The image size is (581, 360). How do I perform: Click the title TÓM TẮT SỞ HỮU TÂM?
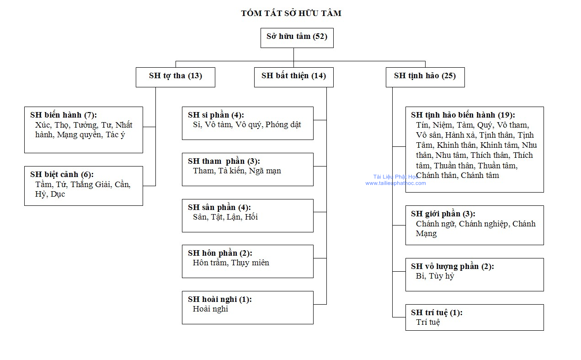[291, 13]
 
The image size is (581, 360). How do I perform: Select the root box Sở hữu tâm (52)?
[297, 38]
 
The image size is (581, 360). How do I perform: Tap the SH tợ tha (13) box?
[176, 77]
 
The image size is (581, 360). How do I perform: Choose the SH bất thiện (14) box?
[293, 77]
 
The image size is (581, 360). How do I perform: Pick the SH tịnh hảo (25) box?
[425, 77]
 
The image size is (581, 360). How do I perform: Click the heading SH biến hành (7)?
[63, 115]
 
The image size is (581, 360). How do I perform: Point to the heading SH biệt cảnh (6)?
[62, 174]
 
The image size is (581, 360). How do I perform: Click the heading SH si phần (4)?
[216, 115]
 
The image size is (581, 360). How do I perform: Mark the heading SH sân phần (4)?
[219, 207]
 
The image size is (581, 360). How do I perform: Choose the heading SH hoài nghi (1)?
[220, 300]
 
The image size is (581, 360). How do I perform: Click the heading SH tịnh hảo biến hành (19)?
[463, 115]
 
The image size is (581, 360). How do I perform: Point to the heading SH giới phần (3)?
[443, 214]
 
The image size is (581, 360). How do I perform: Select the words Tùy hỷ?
[441, 276]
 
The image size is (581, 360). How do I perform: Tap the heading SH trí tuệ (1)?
[437, 313]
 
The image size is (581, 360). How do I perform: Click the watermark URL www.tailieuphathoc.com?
[395, 183]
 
